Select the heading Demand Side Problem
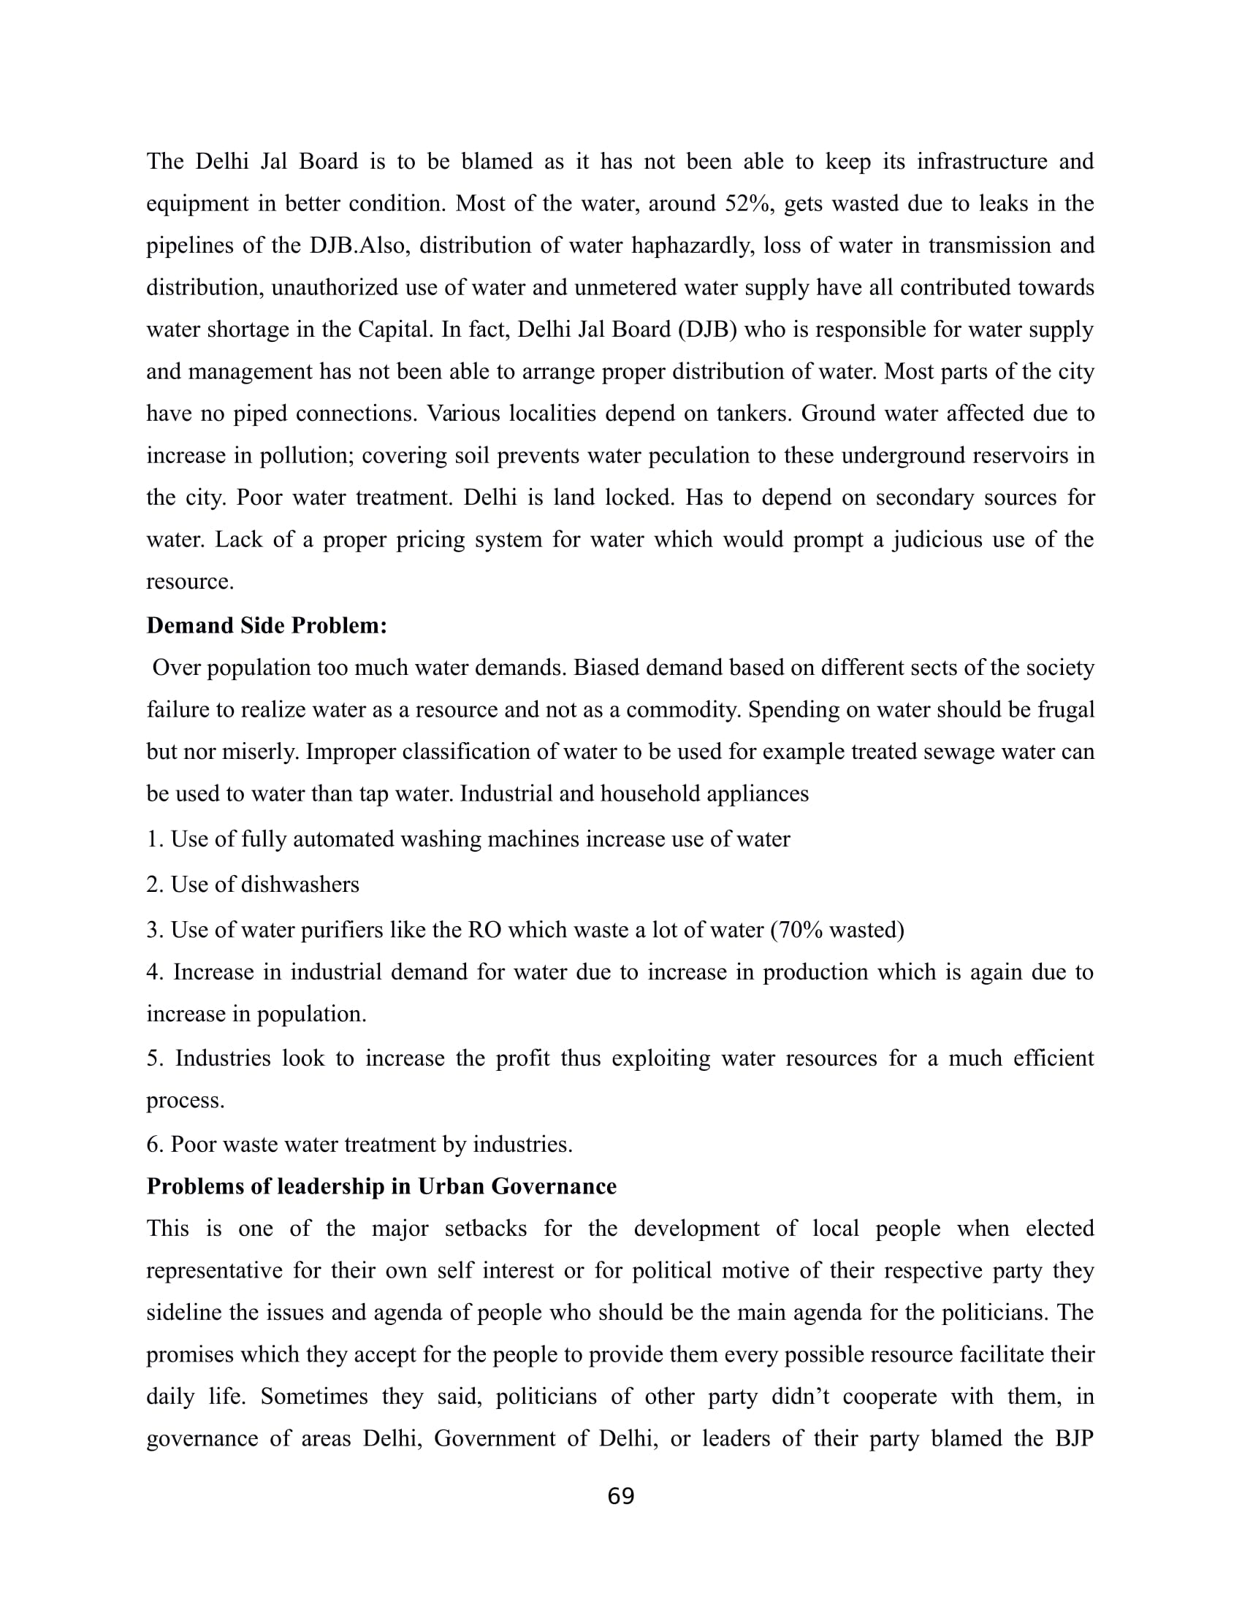tap(267, 625)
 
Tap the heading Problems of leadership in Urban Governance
tap(381, 1186)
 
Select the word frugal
tap(1065, 710)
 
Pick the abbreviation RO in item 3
tap(485, 930)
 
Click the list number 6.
tap(153, 1144)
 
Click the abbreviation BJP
tap(1073, 1438)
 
